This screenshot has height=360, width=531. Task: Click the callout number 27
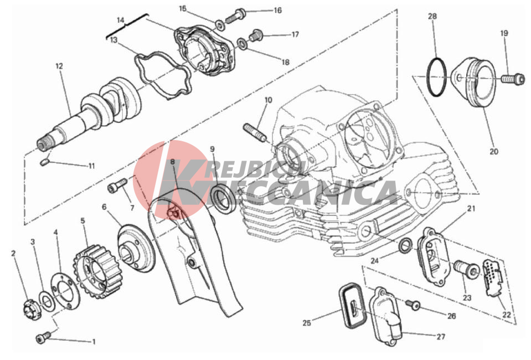point(441,337)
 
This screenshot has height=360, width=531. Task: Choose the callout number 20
point(494,151)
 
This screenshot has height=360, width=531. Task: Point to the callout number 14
point(121,20)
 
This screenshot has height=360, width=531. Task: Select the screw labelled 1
point(43,337)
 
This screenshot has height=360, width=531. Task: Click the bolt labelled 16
point(236,16)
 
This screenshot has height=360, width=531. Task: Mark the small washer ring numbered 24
point(405,246)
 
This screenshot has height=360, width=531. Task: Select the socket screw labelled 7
point(117,186)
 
